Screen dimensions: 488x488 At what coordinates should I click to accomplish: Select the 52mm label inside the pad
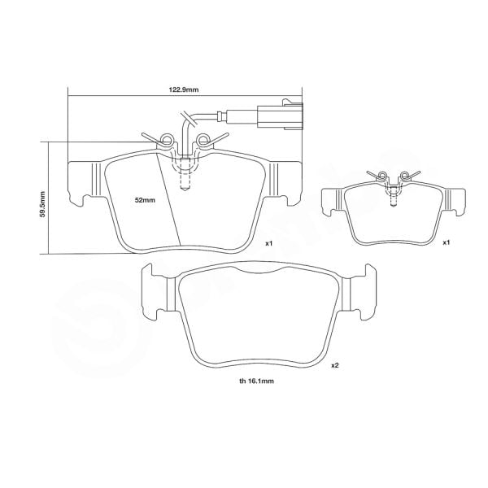(145, 199)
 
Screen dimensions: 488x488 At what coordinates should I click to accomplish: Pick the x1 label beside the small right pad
(447, 242)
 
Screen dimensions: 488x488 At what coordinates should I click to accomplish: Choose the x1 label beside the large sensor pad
(269, 242)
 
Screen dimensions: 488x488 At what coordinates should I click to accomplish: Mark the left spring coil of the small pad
(380, 176)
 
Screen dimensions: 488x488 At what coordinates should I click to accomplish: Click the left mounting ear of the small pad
(332, 200)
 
